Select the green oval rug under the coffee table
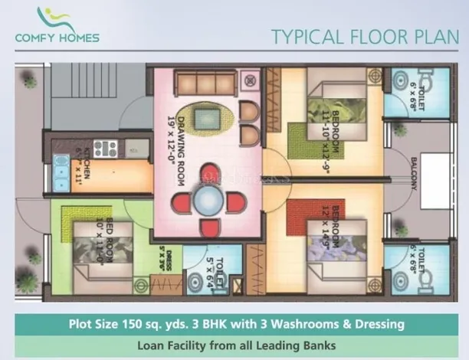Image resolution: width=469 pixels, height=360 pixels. point(205,119)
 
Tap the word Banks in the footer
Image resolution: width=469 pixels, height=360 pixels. point(316,346)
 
